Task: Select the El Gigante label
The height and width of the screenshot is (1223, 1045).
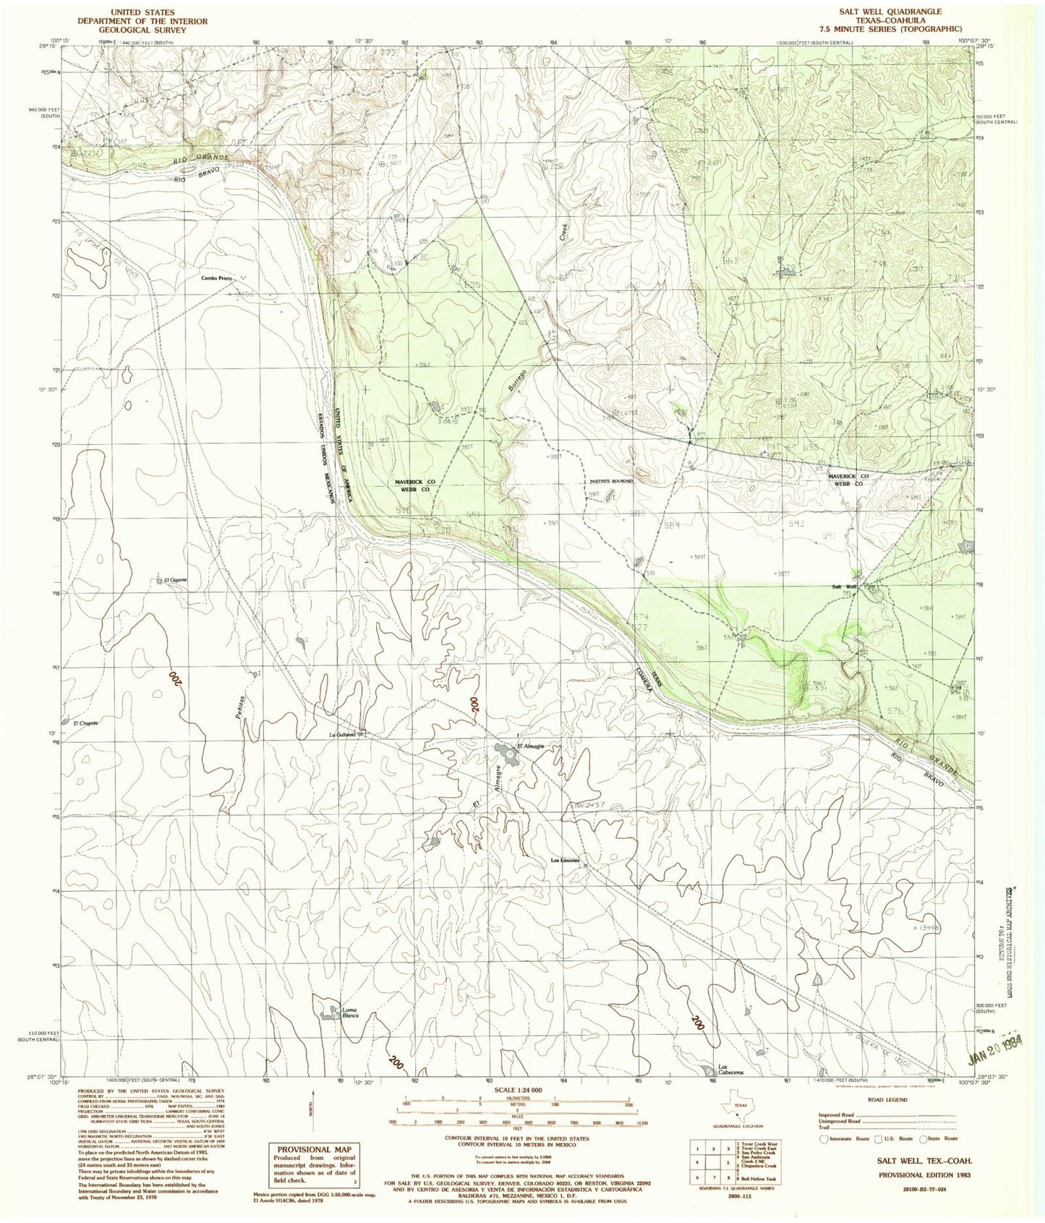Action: click(x=176, y=580)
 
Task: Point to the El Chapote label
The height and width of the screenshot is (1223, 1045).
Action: click(x=85, y=723)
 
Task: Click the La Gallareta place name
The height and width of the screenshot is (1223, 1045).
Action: click(x=341, y=736)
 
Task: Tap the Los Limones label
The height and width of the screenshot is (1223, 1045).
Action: click(x=566, y=861)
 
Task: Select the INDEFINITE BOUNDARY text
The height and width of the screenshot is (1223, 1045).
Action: click(x=613, y=481)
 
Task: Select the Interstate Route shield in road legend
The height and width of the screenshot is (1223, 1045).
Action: click(x=824, y=1138)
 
